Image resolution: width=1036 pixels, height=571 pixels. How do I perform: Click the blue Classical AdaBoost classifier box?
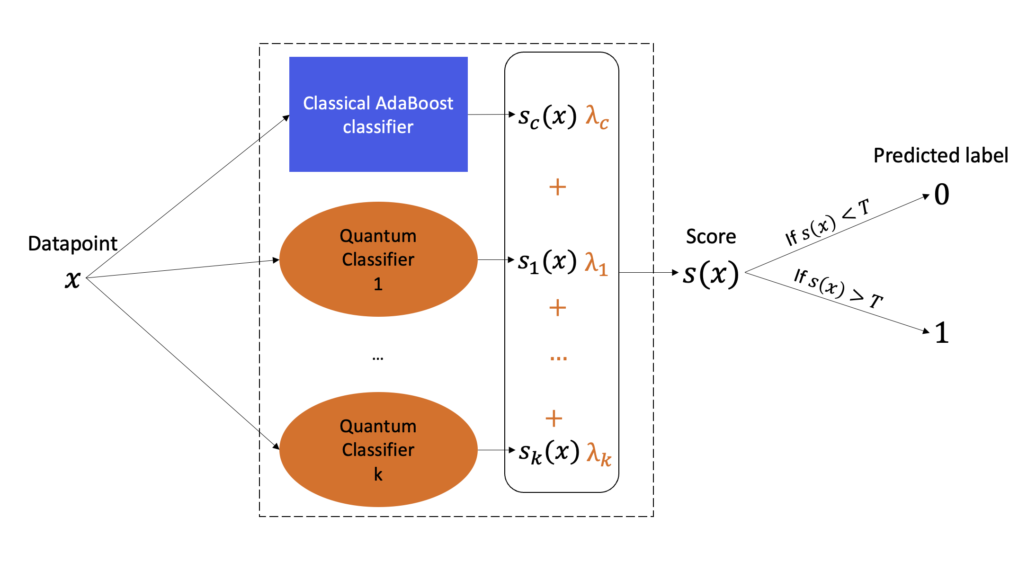[x=378, y=114]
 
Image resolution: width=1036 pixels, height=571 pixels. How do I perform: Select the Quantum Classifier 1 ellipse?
[x=378, y=259]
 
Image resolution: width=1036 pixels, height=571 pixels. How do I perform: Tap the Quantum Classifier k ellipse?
[x=378, y=449]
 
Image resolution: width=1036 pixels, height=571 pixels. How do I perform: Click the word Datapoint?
[x=72, y=244]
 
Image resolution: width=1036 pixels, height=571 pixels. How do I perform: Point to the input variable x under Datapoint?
[x=73, y=279]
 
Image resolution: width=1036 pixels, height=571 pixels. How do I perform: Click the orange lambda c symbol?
[x=597, y=117]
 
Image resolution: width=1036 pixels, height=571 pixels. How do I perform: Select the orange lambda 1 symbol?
[x=596, y=263]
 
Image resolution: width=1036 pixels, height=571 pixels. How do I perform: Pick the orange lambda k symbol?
[x=599, y=454]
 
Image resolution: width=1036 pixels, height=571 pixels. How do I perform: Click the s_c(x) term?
[x=547, y=116]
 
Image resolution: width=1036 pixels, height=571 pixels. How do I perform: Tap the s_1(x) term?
[x=547, y=262]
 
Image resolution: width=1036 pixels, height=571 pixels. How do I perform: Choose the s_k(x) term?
[x=549, y=453]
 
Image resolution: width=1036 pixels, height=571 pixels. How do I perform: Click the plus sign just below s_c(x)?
[x=558, y=187]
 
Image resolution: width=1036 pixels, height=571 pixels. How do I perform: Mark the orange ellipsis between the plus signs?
[x=559, y=358]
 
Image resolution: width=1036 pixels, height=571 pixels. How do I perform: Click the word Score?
[x=711, y=236]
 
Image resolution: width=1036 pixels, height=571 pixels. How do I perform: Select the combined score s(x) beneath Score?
[x=711, y=274]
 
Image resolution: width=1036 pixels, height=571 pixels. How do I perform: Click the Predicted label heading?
[x=941, y=155]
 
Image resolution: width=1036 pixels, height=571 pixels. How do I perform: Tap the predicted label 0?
[x=942, y=194]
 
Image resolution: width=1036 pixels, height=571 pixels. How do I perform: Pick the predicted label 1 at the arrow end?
[x=942, y=332]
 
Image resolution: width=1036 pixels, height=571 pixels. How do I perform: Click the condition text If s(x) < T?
[x=828, y=222]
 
